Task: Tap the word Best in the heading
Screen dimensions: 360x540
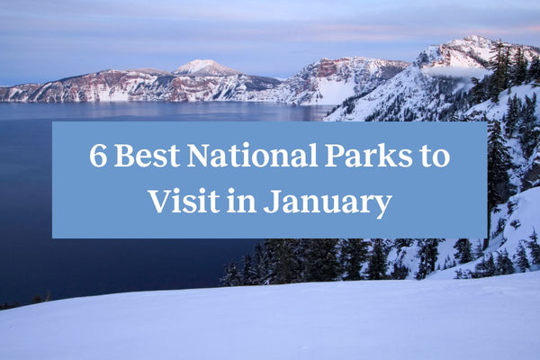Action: point(146,157)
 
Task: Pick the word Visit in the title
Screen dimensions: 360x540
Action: point(182,200)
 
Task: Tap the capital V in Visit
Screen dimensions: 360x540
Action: point(159,200)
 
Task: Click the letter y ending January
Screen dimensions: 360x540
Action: point(383,205)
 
